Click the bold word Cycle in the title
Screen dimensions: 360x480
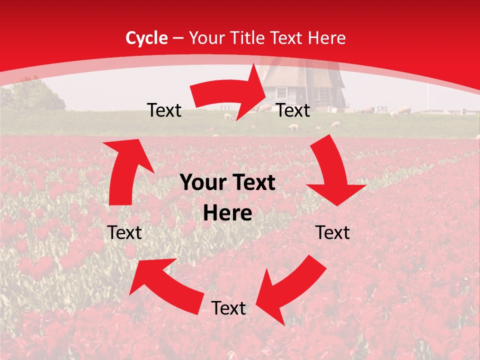pyautogui.click(x=146, y=38)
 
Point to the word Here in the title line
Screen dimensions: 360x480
pyautogui.click(x=328, y=38)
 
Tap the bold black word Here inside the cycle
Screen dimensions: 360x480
pyautogui.click(x=227, y=213)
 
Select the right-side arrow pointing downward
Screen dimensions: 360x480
pyautogui.click(x=332, y=172)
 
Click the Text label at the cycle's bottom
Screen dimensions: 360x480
pyautogui.click(x=228, y=308)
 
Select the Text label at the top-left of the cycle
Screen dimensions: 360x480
pyautogui.click(x=164, y=110)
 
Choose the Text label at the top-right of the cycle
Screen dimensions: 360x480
pyautogui.click(x=293, y=110)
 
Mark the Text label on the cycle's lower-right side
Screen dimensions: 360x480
pyautogui.click(x=332, y=233)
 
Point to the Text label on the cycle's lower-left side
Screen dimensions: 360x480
pyautogui.click(x=124, y=233)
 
